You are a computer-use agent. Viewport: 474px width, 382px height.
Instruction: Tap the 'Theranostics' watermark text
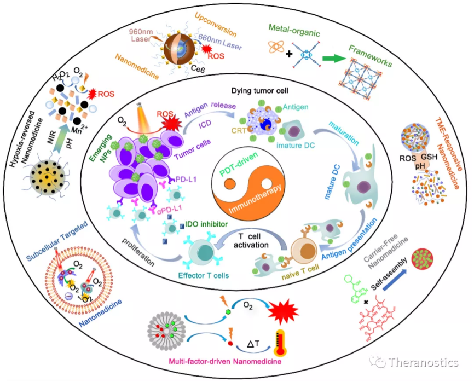tap(423, 362)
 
